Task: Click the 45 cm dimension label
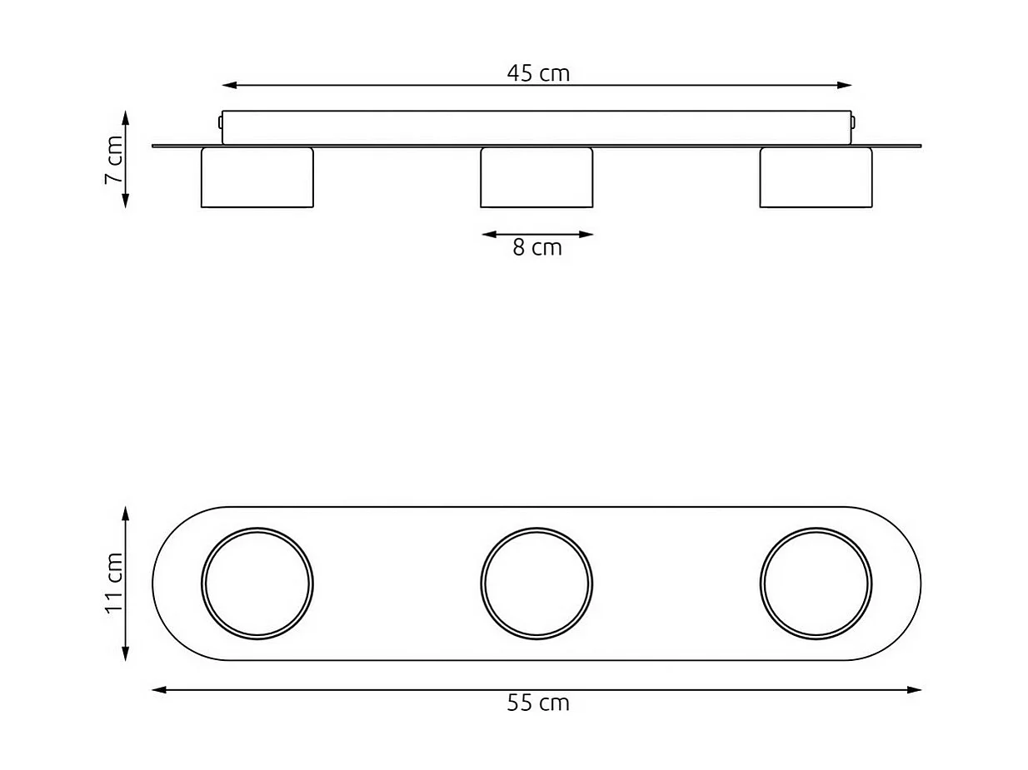tap(538, 73)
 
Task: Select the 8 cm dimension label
tap(537, 248)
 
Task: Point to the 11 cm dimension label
tap(114, 583)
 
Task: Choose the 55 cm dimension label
tap(538, 703)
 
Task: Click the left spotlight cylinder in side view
tap(257, 178)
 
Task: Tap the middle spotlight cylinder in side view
tap(536, 178)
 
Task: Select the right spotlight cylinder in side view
tap(816, 178)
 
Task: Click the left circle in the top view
tap(257, 584)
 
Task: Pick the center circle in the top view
tap(536, 584)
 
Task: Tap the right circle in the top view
tap(816, 584)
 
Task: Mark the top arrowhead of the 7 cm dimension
tap(125, 116)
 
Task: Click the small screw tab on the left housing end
tap(220, 122)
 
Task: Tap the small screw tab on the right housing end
tap(854, 122)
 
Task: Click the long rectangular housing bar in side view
tap(536, 127)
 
